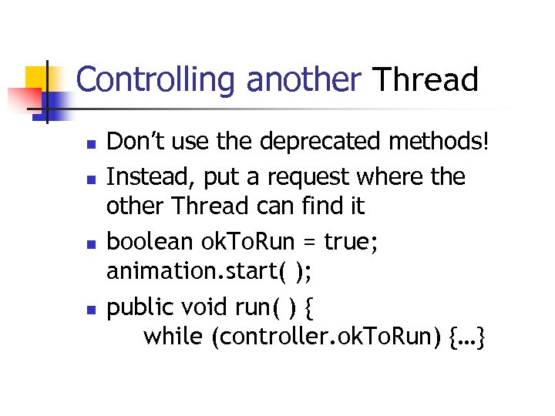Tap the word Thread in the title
[425, 79]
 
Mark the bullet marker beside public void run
[90, 309]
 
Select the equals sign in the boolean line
[308, 242]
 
